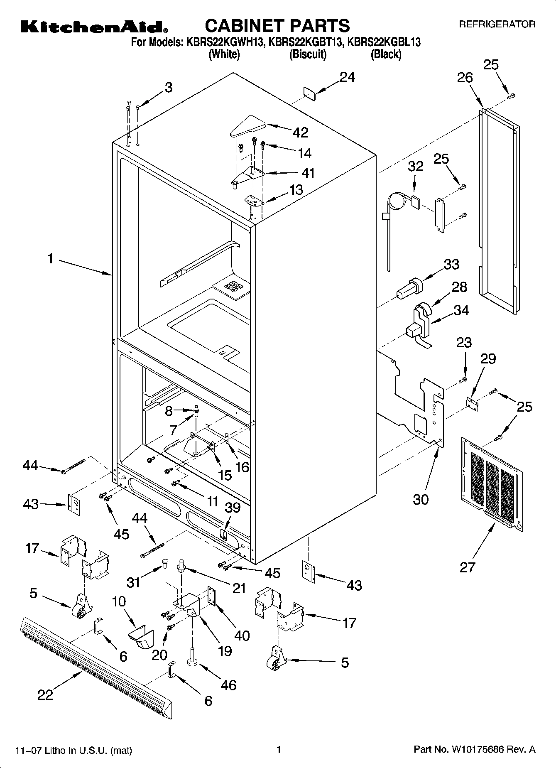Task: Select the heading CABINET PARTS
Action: (277, 26)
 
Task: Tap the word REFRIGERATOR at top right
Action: (497, 25)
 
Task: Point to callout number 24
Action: (348, 77)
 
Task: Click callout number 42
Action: (301, 132)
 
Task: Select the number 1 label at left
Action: (50, 259)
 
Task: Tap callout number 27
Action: (467, 567)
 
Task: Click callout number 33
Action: (451, 264)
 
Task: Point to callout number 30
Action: (420, 499)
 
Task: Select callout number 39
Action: (233, 508)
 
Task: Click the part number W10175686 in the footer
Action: (474, 750)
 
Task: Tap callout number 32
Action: (415, 166)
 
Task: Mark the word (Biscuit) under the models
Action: (308, 54)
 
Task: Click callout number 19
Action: (225, 650)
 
